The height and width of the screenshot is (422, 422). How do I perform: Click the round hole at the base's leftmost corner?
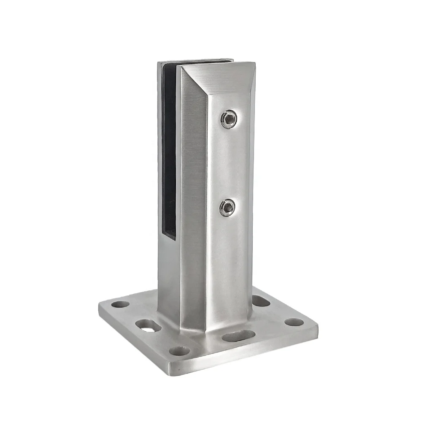click(120, 304)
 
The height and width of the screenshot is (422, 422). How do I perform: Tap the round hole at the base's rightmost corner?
click(294, 322)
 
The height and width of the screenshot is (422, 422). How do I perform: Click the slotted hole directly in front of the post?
click(238, 336)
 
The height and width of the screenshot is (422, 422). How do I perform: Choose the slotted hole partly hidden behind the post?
click(260, 300)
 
